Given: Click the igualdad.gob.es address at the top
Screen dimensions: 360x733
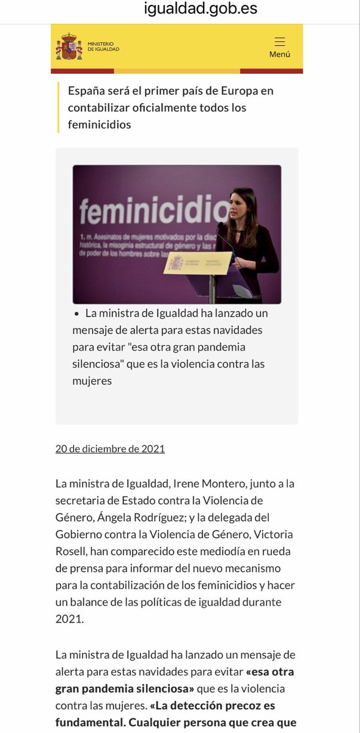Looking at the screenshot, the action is [x=200, y=9].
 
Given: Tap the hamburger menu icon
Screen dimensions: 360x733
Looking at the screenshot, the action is [x=280, y=42].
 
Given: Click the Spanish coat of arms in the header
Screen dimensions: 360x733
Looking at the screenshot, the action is [x=68, y=47].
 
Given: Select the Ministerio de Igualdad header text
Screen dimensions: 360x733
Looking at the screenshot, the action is [x=103, y=47].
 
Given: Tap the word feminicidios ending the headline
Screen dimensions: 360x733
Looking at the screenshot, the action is [x=100, y=124].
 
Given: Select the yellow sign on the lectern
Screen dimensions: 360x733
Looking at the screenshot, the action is [x=197, y=263].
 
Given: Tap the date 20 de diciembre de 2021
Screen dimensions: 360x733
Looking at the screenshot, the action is [x=110, y=449].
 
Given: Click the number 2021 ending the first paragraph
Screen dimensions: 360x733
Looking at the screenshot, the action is [x=69, y=619].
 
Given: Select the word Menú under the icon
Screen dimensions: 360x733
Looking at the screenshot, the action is [x=280, y=54].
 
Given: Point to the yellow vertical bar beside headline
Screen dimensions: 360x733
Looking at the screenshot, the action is [x=58, y=108].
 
